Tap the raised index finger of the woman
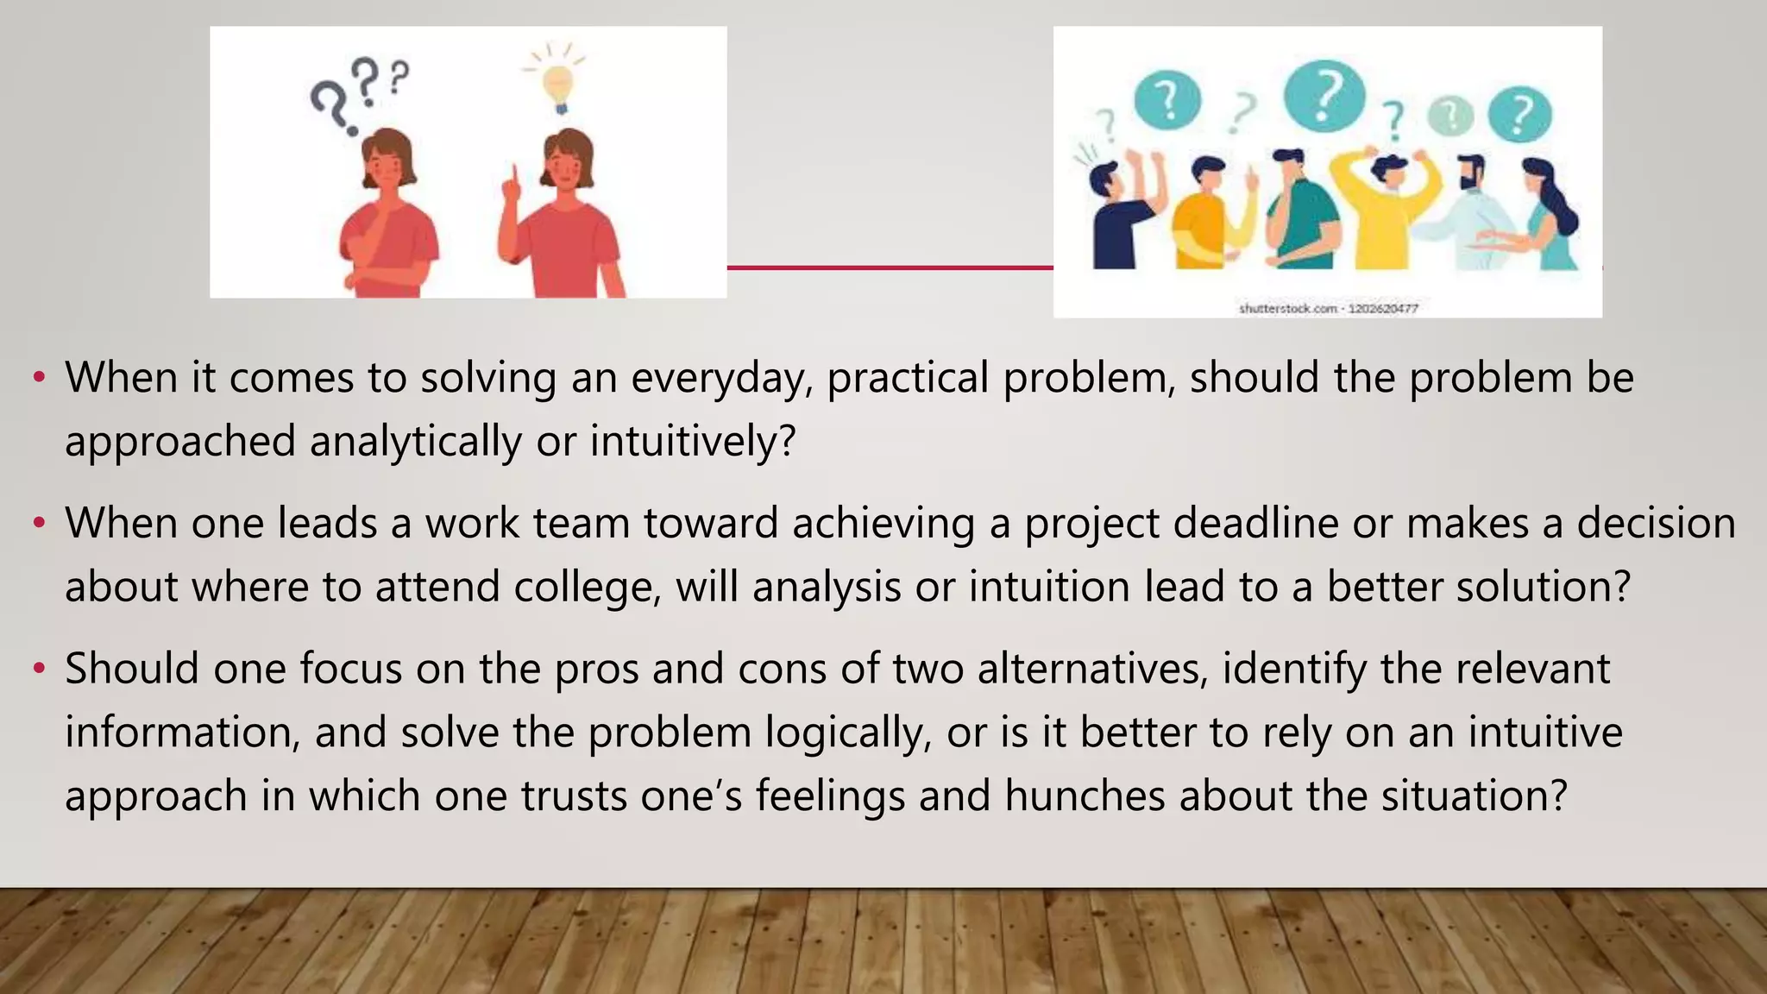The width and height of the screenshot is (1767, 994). [x=513, y=179]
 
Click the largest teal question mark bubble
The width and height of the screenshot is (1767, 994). [x=1324, y=95]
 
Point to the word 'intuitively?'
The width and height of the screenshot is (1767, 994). [x=693, y=441]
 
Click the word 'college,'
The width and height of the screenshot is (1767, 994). [x=588, y=587]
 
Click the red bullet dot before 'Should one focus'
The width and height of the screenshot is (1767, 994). [x=38, y=669]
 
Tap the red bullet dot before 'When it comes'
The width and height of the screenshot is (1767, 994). [x=38, y=378]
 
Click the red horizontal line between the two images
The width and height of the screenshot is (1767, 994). [x=890, y=267]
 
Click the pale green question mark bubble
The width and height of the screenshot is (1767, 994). [x=1451, y=116]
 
